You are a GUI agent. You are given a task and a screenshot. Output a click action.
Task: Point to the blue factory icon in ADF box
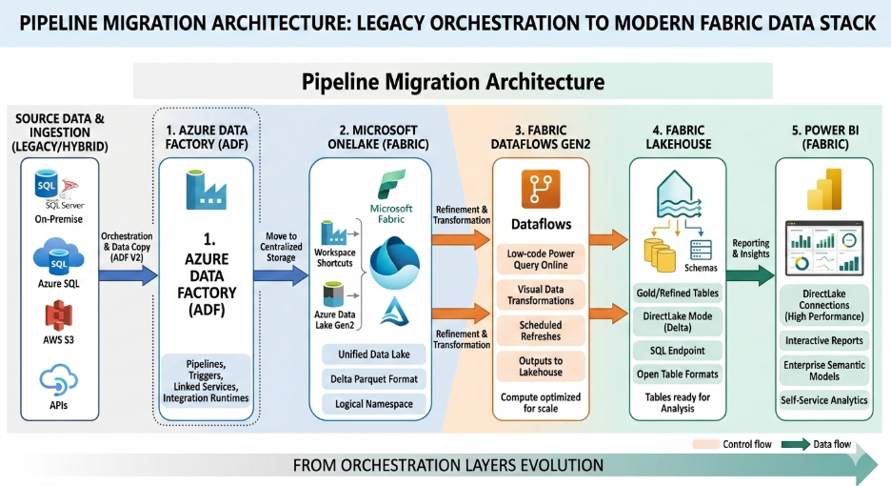click(x=206, y=186)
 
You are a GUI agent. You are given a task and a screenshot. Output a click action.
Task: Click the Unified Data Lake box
click(x=374, y=354)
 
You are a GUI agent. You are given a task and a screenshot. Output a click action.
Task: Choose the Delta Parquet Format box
click(x=374, y=379)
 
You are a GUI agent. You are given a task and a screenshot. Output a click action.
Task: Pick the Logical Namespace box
click(x=374, y=404)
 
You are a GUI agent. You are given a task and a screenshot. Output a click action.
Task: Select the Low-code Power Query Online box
click(x=540, y=259)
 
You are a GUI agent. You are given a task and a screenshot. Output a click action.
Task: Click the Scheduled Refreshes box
click(x=540, y=331)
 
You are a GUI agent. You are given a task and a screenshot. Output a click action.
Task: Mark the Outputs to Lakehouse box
click(x=540, y=366)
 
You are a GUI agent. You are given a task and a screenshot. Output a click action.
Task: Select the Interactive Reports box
click(x=823, y=340)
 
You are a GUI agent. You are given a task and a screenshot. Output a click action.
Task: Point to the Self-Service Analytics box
click(x=823, y=400)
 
